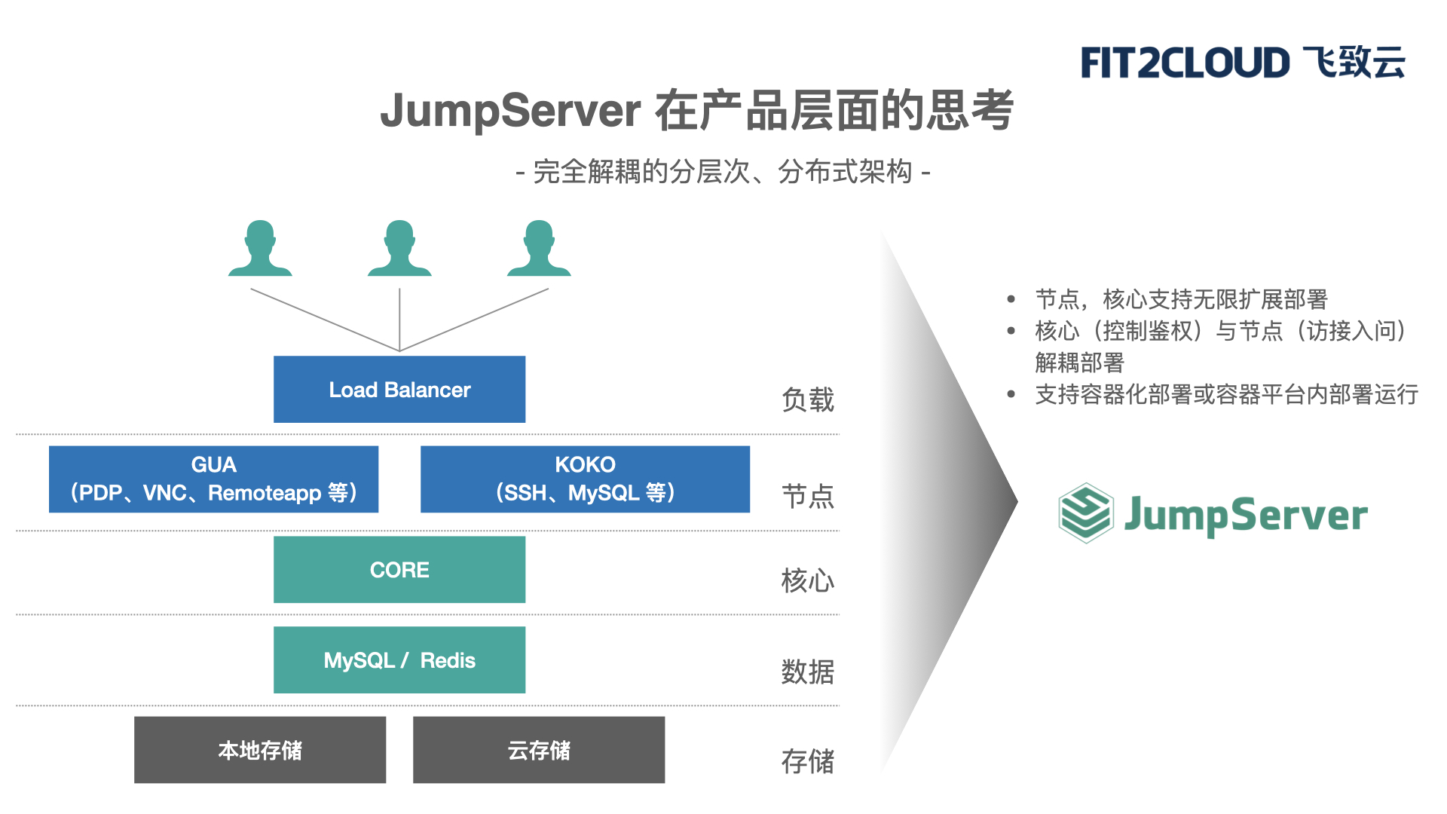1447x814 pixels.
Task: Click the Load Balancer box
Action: click(399, 389)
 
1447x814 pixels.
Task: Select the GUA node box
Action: click(213, 479)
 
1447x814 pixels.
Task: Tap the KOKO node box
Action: click(585, 479)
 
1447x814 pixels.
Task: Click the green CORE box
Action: click(399, 570)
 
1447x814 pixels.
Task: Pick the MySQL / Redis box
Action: click(399, 660)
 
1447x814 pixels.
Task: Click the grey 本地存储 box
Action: click(260, 750)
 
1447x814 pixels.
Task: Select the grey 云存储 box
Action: click(539, 750)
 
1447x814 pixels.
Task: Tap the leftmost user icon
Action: click(260, 249)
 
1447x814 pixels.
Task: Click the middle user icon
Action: click(399, 249)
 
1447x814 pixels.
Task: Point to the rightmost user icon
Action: click(539, 249)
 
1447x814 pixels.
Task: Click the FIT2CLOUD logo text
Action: click(1185, 63)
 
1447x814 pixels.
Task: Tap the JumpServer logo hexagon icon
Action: click(1086, 513)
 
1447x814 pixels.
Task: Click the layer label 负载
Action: click(808, 399)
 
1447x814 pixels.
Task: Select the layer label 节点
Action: click(808, 496)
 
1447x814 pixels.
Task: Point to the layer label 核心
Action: click(808, 580)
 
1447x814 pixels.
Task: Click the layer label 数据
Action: click(808, 671)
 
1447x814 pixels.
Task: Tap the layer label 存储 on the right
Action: click(808, 761)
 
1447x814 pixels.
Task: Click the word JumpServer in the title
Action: click(510, 111)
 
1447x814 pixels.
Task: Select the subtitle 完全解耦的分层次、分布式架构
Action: click(723, 172)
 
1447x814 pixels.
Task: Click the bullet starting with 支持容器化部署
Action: click(1226, 394)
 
